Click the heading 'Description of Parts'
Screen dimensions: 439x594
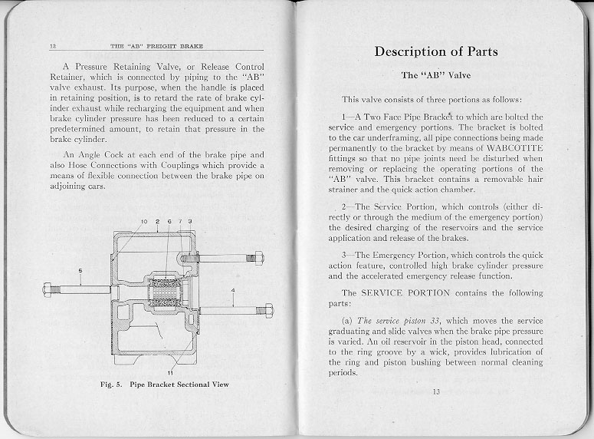(x=435, y=52)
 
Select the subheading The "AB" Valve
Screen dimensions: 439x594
(x=435, y=75)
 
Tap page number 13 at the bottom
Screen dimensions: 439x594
(x=435, y=392)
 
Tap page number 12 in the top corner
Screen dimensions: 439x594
(x=53, y=47)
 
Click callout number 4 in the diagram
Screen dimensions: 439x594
(x=232, y=290)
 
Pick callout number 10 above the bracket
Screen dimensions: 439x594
(x=143, y=222)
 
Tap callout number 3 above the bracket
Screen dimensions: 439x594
(x=189, y=222)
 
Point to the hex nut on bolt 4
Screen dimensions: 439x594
(x=268, y=311)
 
